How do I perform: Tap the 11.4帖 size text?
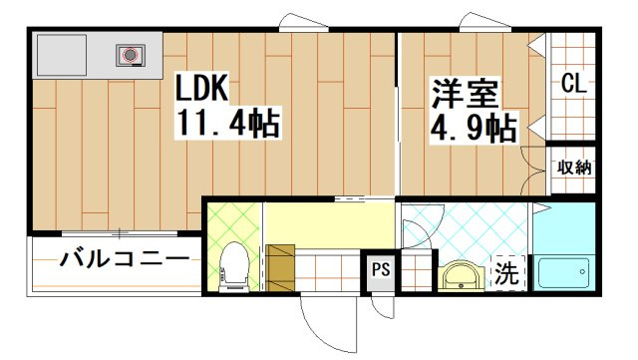click(227, 125)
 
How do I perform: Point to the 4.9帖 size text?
click(474, 129)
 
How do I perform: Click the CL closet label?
click(572, 84)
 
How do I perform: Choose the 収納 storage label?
click(573, 168)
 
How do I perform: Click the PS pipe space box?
click(380, 269)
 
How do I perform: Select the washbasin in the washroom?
click(461, 273)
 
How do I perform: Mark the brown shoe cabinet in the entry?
click(281, 265)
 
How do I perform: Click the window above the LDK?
click(298, 22)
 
